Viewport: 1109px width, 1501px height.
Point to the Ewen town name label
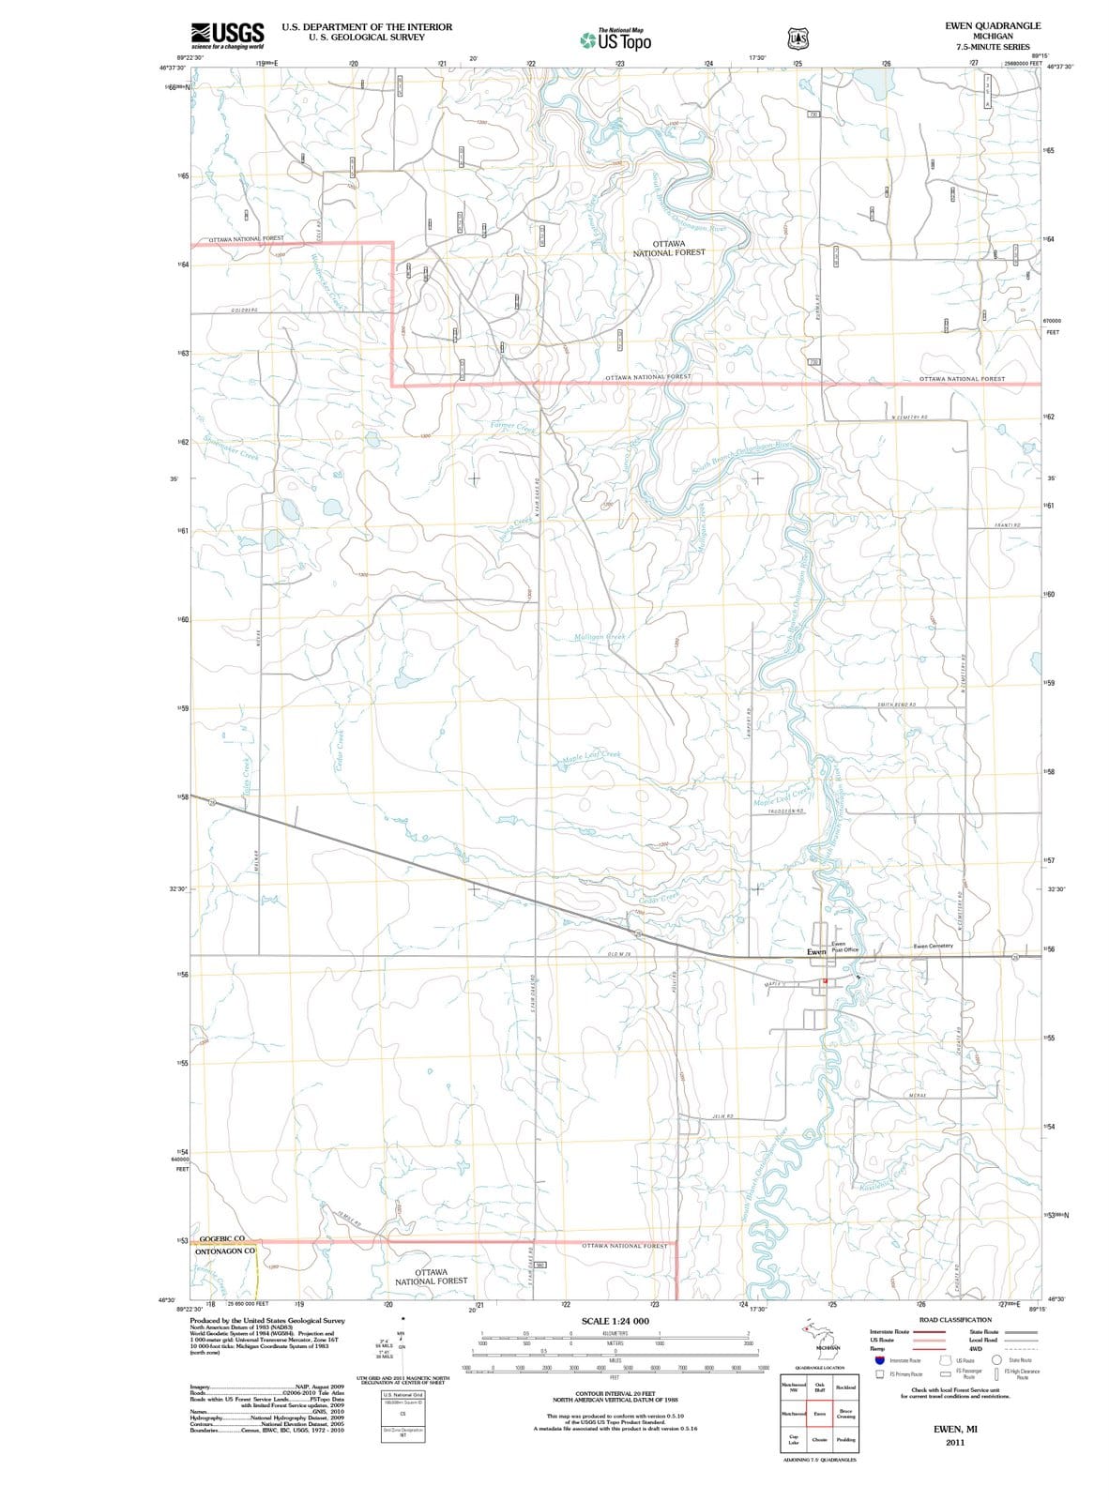click(x=816, y=951)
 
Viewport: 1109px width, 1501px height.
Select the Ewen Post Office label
click(x=844, y=948)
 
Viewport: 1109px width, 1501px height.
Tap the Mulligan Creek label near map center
click(x=600, y=637)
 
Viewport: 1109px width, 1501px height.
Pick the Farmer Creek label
click(x=513, y=428)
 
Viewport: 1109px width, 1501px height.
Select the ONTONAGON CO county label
click(x=225, y=1251)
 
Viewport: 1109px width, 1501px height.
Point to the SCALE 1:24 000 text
click(x=615, y=1321)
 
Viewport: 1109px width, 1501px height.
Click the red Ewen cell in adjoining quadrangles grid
click(x=820, y=1413)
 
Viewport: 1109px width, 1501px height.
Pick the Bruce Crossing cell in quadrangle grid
click(x=844, y=1413)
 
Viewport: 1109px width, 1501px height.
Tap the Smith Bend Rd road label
click(x=896, y=705)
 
